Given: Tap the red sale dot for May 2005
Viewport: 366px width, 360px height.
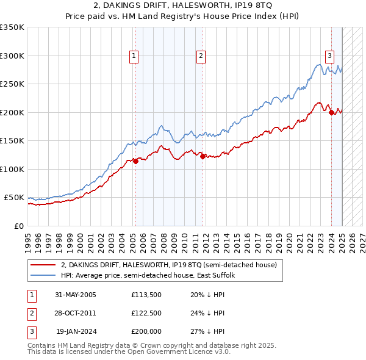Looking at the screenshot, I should (135, 161).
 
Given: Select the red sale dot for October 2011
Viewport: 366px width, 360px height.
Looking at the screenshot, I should (202, 156).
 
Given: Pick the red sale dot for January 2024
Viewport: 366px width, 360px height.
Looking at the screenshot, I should (331, 112).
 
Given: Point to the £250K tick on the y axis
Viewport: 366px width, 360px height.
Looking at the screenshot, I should (12, 84).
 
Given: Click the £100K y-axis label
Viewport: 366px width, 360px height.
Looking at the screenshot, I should (12, 169).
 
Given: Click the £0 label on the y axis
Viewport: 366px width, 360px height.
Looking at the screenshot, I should (18, 226).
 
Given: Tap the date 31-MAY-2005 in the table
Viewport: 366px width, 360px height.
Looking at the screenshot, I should (76, 295).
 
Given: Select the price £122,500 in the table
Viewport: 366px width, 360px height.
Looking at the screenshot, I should (146, 313).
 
